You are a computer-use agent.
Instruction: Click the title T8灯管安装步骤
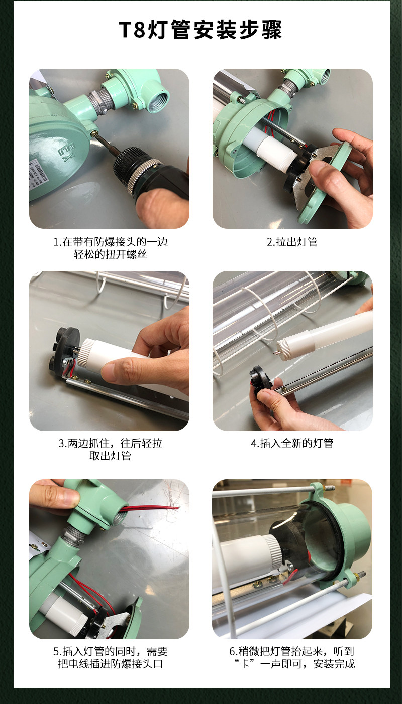coord(200,30)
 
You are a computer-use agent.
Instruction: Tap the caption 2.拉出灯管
coord(292,242)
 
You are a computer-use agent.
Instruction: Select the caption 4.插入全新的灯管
coord(292,443)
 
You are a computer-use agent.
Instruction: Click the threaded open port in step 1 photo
coord(158,97)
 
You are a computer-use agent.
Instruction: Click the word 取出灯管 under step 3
coord(110,455)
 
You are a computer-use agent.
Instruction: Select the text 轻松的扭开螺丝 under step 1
coord(110,254)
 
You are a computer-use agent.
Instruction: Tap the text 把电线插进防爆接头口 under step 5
coord(110,663)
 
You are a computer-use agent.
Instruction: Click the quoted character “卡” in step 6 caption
coord(244,663)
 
